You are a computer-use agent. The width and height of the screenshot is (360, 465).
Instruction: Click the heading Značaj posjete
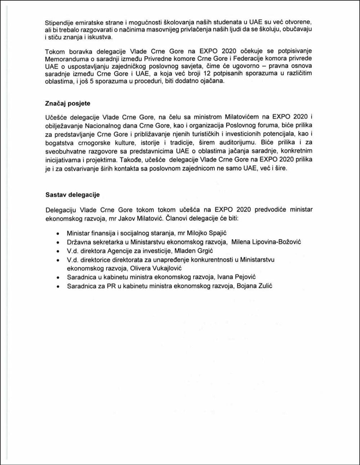pos(68,104)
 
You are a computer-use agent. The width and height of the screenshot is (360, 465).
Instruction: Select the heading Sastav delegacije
pos(72,195)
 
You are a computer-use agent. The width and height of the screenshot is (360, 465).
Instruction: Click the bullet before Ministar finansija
pos(58,234)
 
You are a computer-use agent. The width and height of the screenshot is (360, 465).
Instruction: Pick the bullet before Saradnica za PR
pos(58,286)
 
